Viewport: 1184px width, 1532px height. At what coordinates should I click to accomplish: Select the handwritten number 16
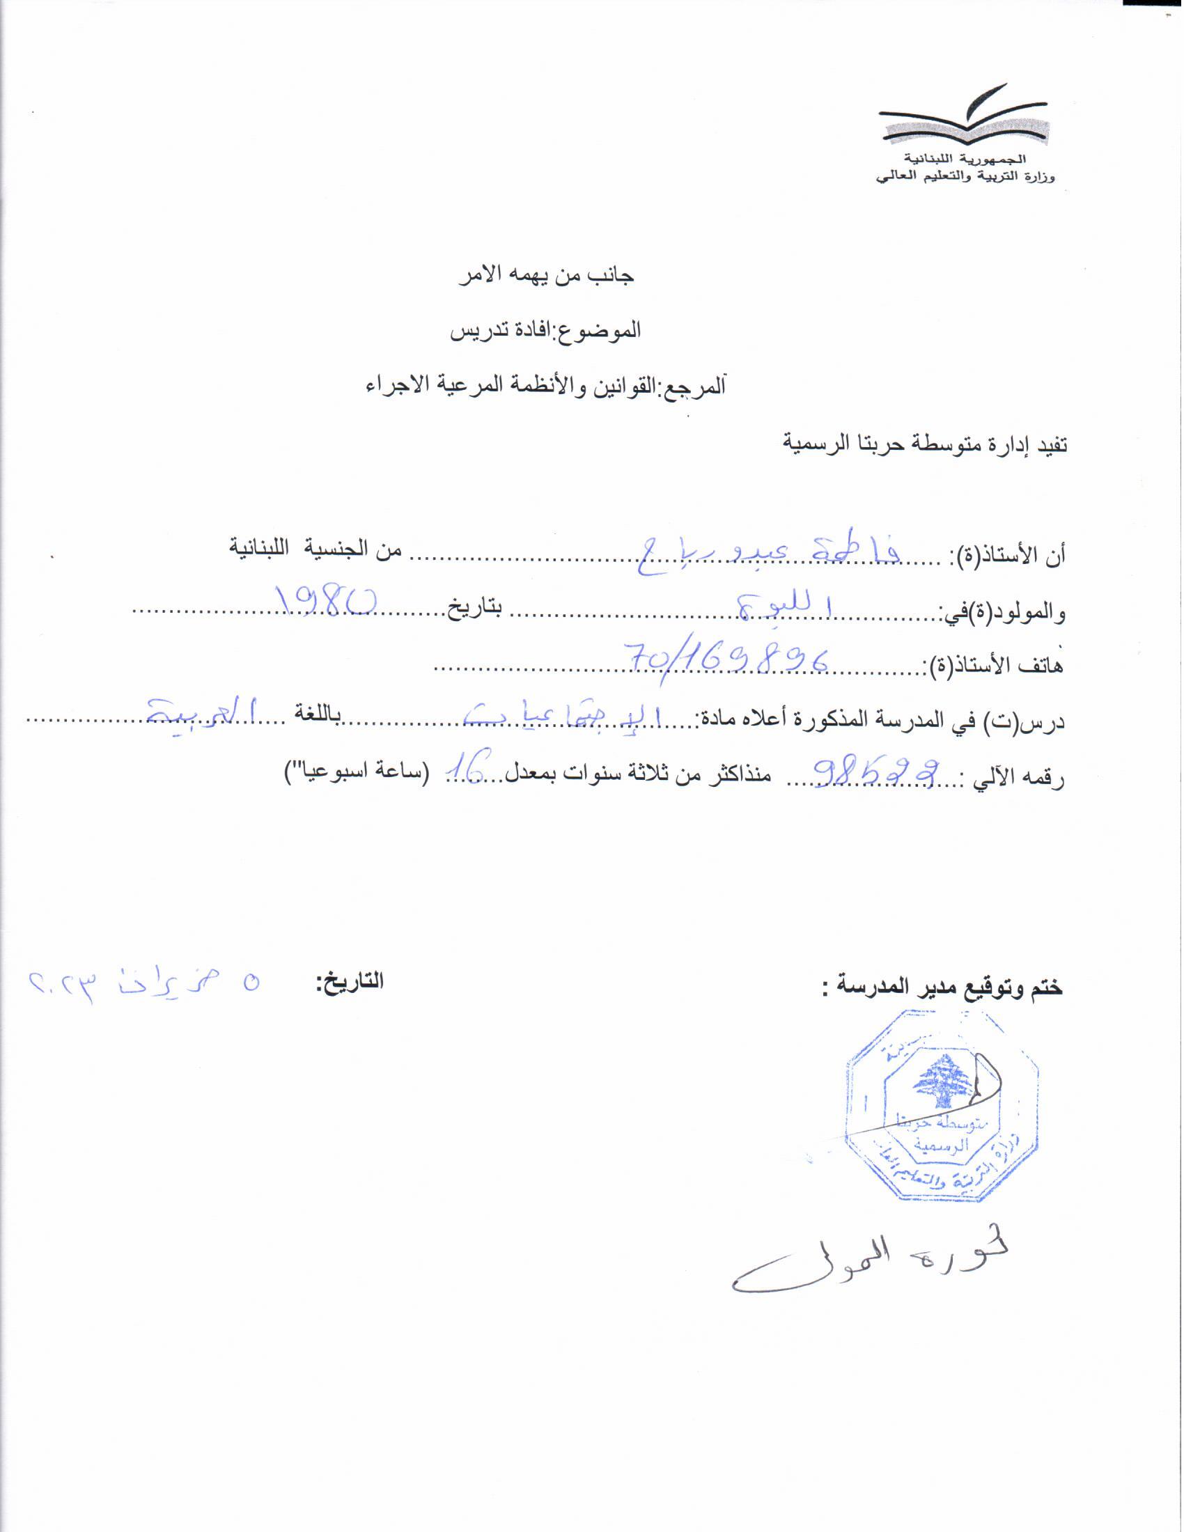click(x=468, y=767)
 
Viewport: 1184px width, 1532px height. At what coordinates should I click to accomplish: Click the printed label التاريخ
click(x=349, y=982)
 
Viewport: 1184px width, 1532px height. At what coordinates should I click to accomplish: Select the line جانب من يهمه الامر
click(x=546, y=275)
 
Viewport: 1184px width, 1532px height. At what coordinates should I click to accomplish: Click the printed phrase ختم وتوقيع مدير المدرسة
click(x=944, y=988)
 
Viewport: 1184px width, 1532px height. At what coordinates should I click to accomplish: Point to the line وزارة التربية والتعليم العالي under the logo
click(x=967, y=176)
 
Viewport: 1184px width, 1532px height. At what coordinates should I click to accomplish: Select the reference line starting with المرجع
click(x=545, y=386)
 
